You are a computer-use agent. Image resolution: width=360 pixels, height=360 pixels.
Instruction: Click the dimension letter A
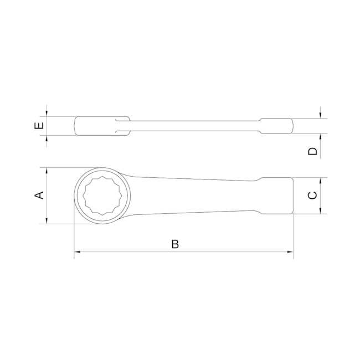39,195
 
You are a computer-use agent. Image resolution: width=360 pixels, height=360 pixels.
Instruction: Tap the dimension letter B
175,244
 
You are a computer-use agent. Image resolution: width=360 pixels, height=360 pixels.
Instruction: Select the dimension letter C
312,195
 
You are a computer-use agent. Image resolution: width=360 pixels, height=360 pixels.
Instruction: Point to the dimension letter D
313,151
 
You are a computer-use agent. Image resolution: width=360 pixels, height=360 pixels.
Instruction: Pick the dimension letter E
39,126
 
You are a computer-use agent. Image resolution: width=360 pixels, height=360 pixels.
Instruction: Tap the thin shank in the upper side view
194,125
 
